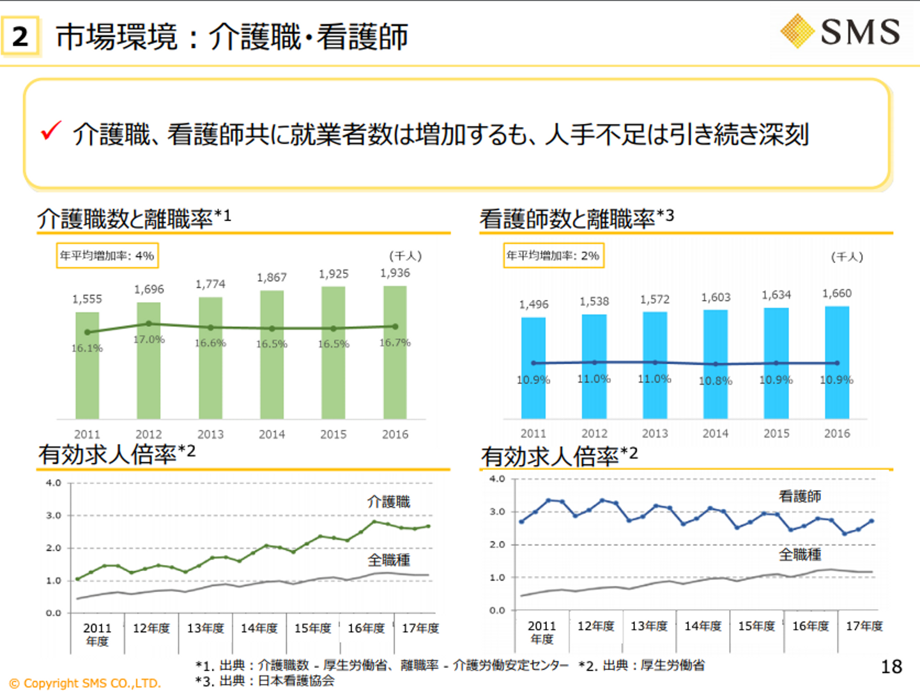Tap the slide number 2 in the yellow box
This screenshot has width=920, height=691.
[20, 36]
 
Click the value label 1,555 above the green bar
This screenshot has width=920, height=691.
[87, 299]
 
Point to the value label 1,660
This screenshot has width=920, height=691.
[837, 293]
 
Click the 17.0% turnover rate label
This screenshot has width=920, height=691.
[149, 339]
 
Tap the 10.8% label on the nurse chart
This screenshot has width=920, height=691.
[716, 381]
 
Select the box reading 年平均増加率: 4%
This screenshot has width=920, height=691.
[107, 255]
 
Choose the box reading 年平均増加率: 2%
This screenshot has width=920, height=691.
[553, 255]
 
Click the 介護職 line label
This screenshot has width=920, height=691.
[388, 502]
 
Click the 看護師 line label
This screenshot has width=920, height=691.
[800, 496]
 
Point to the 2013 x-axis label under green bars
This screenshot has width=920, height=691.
[210, 434]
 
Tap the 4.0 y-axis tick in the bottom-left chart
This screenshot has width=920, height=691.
[54, 483]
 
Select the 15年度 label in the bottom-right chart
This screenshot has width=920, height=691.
[756, 626]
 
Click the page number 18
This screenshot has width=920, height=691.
[891, 667]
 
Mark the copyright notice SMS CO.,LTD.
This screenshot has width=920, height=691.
[85, 683]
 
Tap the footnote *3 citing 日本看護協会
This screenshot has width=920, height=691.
[265, 681]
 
